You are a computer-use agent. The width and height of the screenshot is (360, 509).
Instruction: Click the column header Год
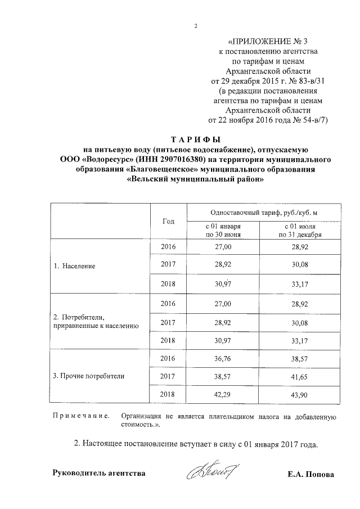(x=168, y=222)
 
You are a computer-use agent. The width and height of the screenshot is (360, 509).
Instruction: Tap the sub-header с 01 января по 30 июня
(x=223, y=230)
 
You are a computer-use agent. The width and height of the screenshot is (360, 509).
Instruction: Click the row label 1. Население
(x=74, y=265)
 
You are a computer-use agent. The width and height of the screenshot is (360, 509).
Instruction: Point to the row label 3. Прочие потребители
(x=88, y=374)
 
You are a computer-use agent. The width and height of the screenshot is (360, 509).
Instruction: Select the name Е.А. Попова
(x=310, y=474)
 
